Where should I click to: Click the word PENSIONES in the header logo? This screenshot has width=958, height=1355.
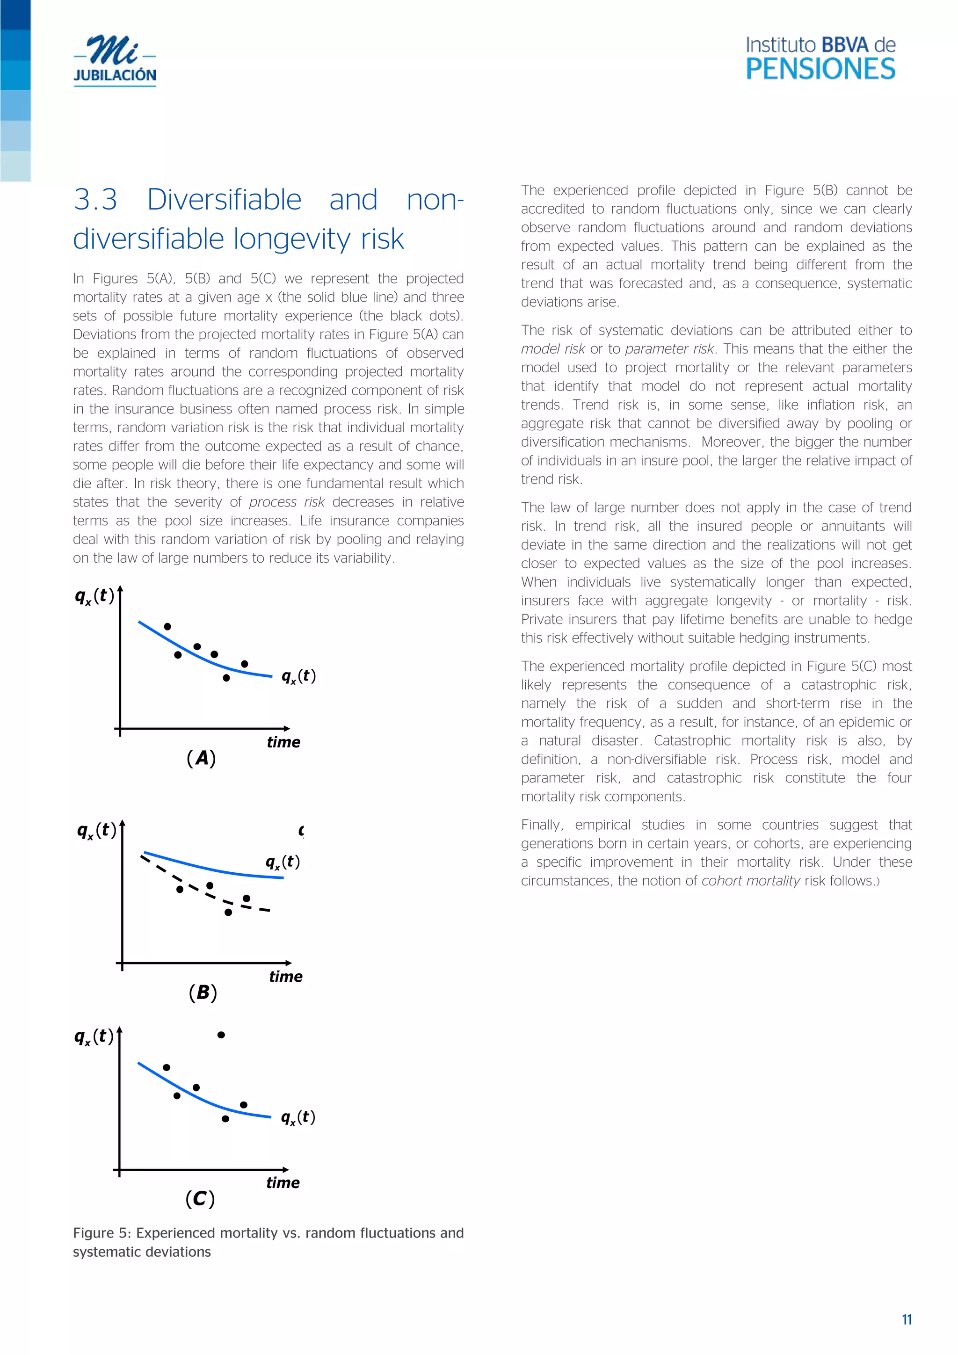(820, 70)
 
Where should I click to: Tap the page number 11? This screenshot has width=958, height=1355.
(907, 1319)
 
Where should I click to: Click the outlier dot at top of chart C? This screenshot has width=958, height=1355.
(221, 1035)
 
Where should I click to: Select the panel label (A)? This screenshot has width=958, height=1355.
(201, 758)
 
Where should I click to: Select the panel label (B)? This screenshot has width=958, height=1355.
(203, 992)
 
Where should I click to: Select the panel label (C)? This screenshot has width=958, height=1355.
(200, 1199)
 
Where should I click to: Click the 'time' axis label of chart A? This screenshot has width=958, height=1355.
(283, 742)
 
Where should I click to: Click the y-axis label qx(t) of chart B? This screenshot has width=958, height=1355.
(97, 830)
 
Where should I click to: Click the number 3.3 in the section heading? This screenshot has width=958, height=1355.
(95, 199)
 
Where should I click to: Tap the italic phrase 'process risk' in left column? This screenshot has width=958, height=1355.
(287, 502)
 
